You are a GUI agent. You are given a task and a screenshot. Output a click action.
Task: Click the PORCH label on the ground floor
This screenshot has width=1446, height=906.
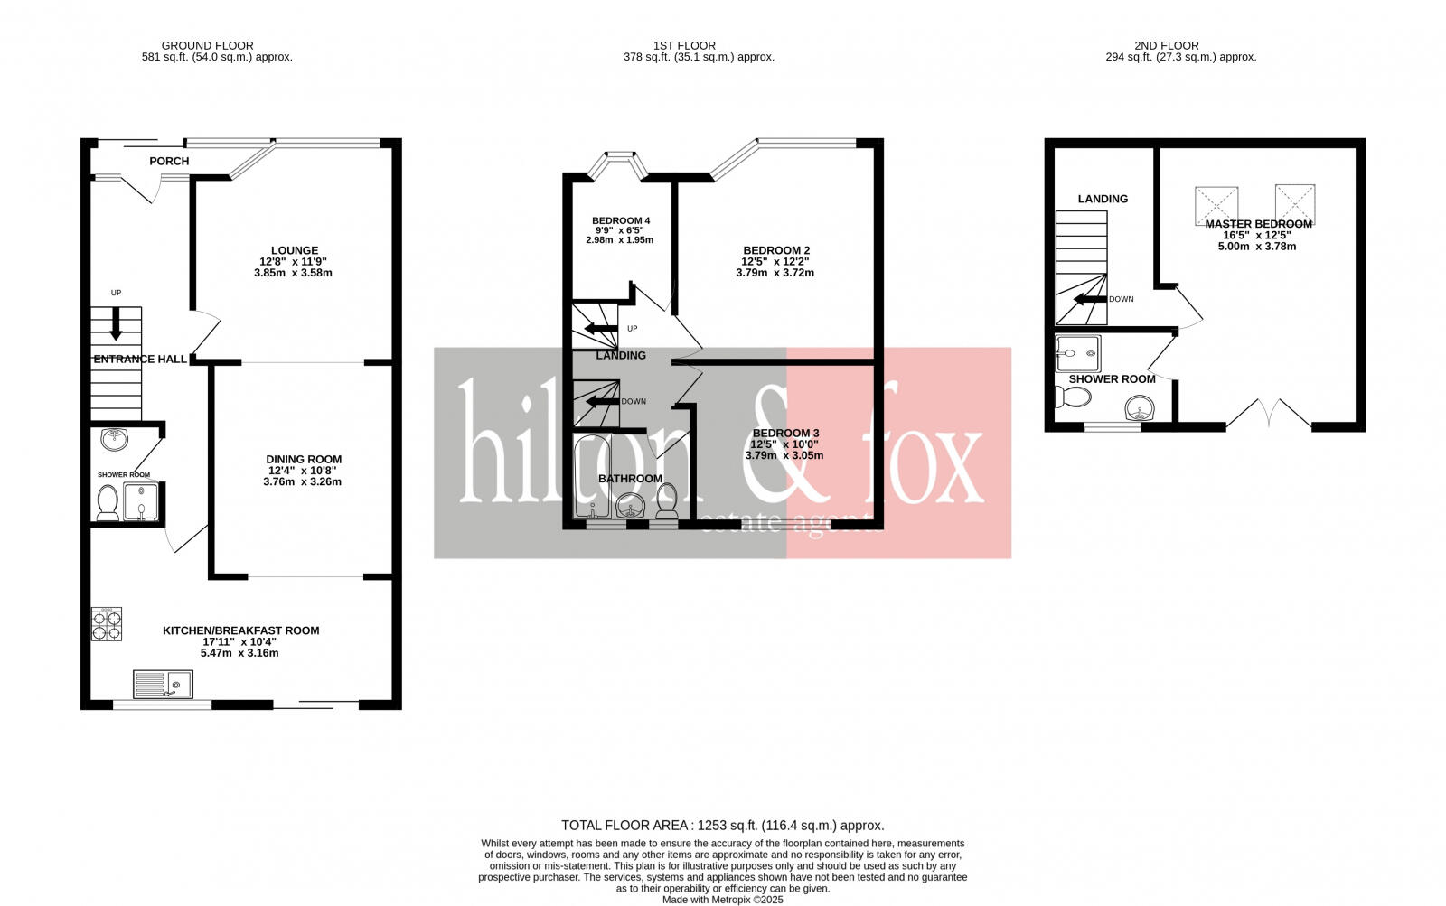[x=169, y=162]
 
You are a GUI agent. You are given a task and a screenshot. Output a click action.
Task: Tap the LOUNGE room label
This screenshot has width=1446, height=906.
[x=295, y=251]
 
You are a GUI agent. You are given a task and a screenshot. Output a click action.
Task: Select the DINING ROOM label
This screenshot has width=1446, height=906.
[x=304, y=460]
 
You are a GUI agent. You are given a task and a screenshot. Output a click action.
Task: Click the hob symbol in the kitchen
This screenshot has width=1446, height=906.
[x=107, y=623]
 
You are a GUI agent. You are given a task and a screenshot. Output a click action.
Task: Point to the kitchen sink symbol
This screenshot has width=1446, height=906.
[x=163, y=684]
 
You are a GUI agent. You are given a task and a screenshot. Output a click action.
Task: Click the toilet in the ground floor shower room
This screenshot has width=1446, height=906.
[x=108, y=502]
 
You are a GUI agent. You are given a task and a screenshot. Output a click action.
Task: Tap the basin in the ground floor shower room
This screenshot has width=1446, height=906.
[x=114, y=439]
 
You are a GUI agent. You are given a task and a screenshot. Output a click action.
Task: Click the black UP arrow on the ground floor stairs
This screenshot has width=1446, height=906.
[x=116, y=323]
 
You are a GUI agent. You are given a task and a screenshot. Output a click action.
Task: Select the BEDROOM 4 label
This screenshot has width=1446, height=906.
[x=621, y=221]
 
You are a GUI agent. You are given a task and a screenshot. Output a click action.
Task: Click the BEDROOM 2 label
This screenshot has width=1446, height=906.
[x=776, y=251]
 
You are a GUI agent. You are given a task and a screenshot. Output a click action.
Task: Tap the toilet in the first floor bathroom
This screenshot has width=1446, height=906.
[x=667, y=502]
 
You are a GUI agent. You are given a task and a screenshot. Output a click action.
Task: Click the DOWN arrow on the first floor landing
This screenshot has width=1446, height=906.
[x=601, y=402]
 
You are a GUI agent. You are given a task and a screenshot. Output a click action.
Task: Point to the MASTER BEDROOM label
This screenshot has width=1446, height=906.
[x=1258, y=224]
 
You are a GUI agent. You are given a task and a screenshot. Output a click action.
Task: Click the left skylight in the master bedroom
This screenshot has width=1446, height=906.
[x=1216, y=204]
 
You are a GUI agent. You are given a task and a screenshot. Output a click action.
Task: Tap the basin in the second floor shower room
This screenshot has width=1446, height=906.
[x=1141, y=411]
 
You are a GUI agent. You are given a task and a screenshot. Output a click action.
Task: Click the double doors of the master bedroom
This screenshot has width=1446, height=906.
[x=1269, y=414]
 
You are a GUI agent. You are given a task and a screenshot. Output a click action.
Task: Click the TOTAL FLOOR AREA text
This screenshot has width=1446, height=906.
[x=722, y=826]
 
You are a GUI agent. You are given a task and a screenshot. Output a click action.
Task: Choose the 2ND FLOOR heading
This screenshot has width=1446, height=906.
[x=1166, y=45]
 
